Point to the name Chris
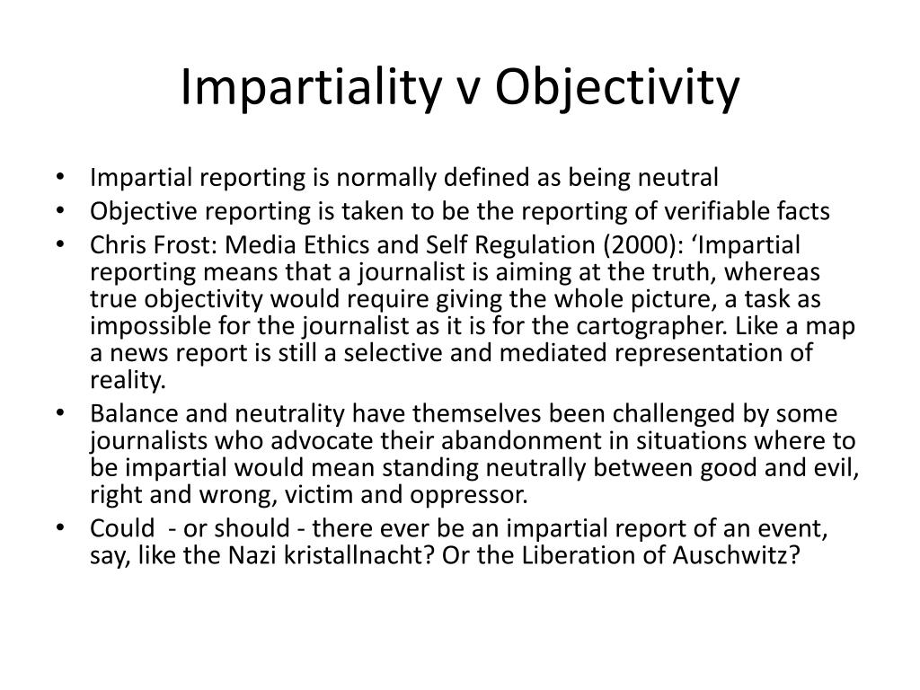113,246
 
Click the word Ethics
305,246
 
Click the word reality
128,379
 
